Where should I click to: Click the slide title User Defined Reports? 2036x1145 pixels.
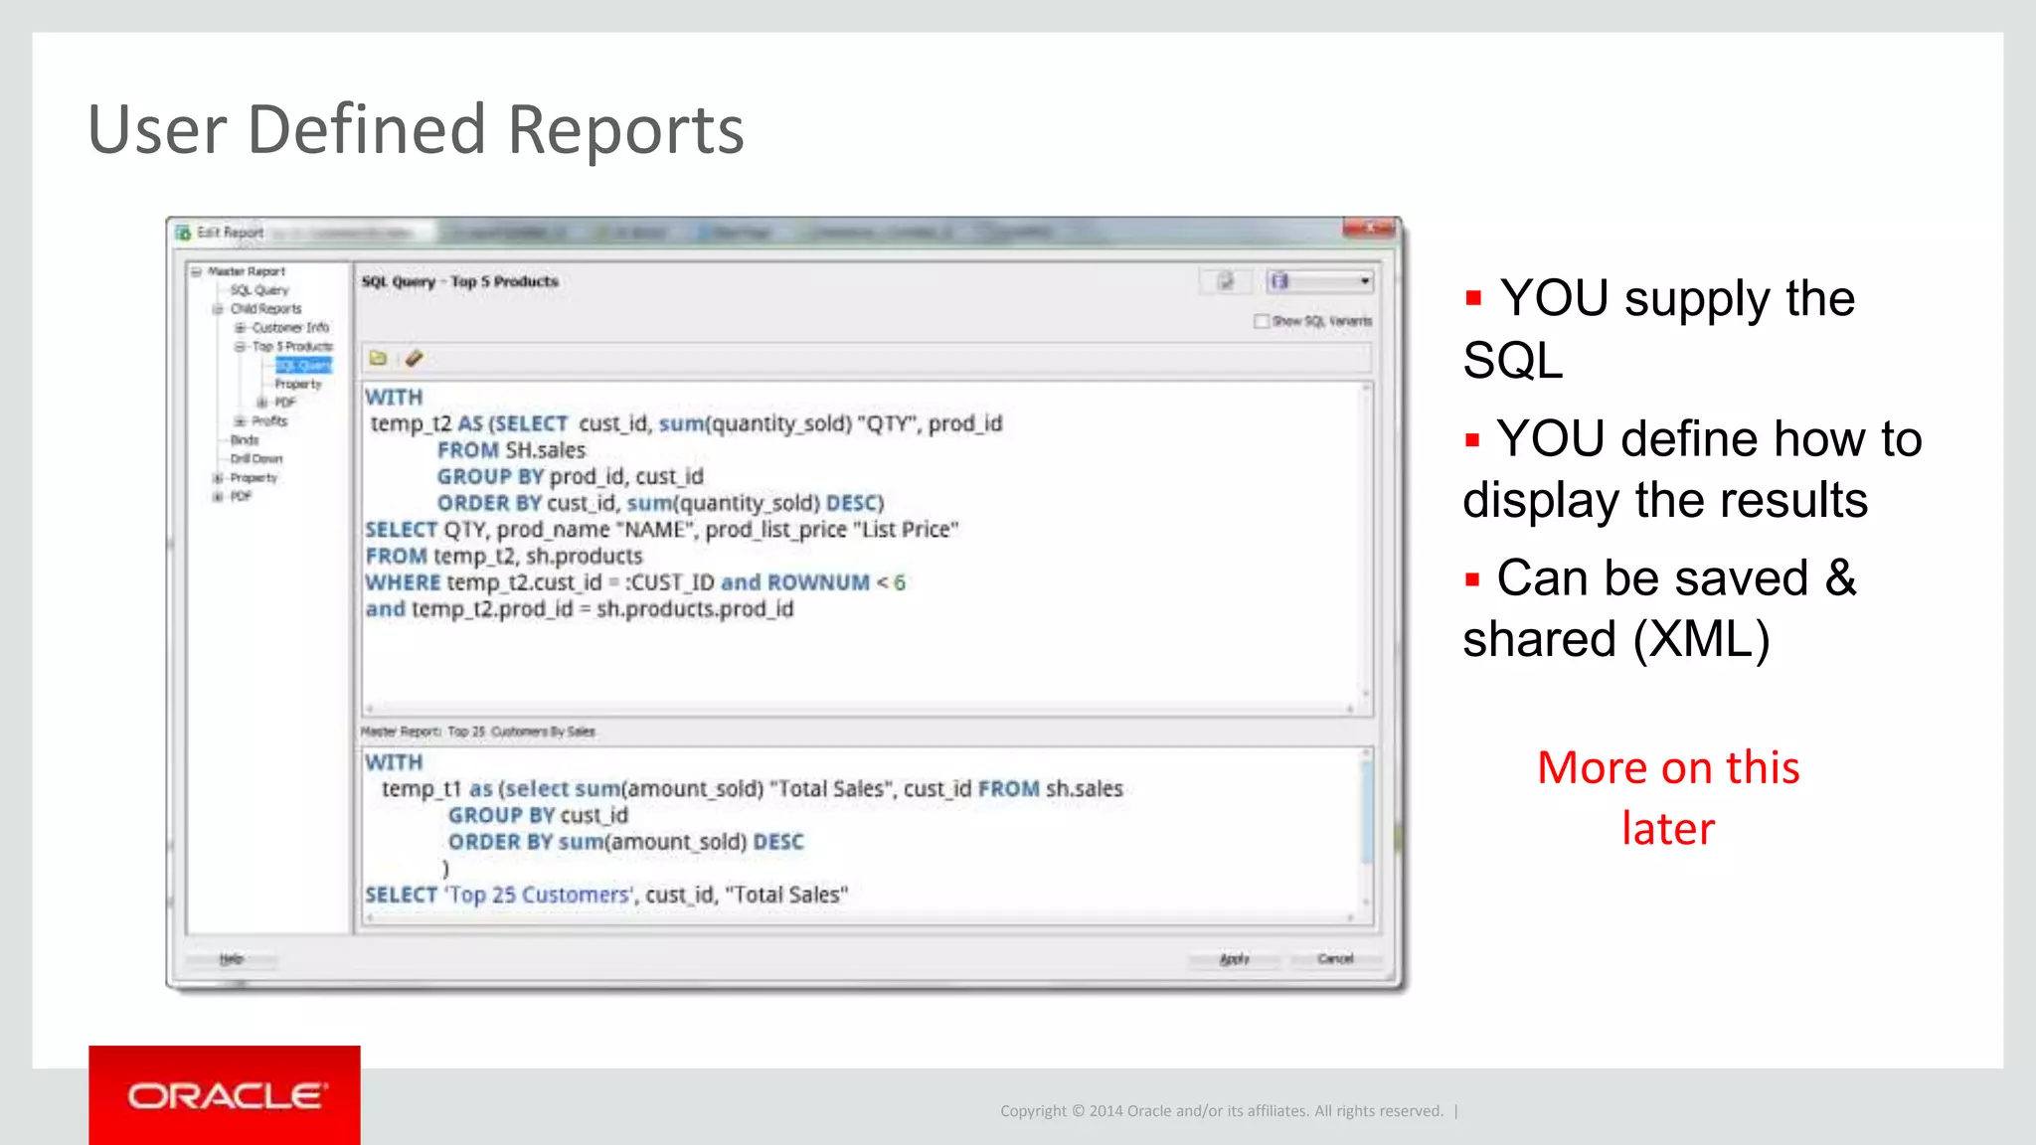coord(416,129)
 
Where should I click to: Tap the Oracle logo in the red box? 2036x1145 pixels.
coord(225,1095)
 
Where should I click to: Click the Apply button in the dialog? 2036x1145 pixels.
coord(1234,959)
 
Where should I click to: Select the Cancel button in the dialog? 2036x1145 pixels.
coord(1335,959)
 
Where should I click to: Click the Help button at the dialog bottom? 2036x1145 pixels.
coord(232,959)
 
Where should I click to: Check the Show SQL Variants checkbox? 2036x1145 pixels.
coord(1262,321)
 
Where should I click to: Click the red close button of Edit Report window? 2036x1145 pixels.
coord(1369,230)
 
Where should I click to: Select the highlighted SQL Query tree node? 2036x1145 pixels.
coord(303,366)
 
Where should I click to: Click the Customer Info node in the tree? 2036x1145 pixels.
coord(289,328)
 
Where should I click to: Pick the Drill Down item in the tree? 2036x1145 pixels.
coord(256,459)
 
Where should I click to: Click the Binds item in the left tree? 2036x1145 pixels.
coord(245,440)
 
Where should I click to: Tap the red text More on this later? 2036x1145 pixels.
coord(1668,797)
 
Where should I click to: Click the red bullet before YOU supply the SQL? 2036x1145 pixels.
coord(1473,297)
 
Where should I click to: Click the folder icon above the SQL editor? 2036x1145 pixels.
coord(378,358)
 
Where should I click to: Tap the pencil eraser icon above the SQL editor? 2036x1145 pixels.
coord(414,358)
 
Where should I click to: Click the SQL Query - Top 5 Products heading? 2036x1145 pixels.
coord(459,282)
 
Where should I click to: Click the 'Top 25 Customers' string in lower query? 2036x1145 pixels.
coord(538,895)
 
